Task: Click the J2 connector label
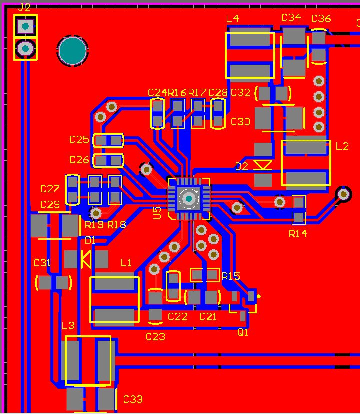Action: [24, 8]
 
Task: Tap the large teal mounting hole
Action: [73, 50]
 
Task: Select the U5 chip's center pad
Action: [189, 199]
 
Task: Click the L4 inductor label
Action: [232, 19]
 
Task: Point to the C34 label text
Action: [291, 18]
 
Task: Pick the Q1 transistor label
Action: [243, 332]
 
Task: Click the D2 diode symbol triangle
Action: [263, 165]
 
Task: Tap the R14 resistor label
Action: [298, 233]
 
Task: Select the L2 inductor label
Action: [342, 146]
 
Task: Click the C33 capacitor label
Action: [133, 399]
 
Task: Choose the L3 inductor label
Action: [68, 326]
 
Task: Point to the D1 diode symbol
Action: [86, 259]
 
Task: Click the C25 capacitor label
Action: [79, 140]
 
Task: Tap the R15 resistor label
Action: [231, 276]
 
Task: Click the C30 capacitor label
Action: [240, 122]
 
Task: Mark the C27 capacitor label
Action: [50, 189]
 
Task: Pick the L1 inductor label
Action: [126, 263]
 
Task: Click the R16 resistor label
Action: [177, 92]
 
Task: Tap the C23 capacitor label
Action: [155, 337]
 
